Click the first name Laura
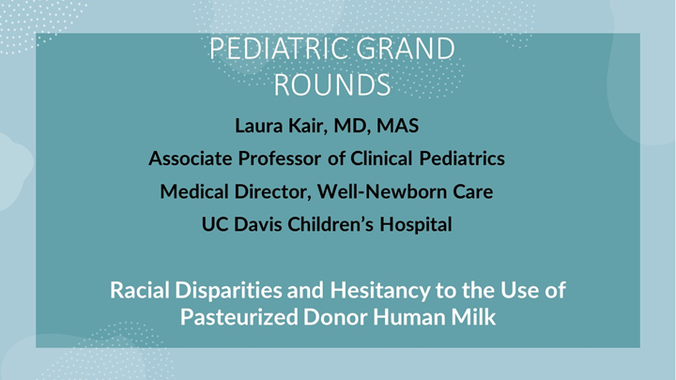point(255,124)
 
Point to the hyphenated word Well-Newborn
point(384,192)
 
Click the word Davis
point(268,226)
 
